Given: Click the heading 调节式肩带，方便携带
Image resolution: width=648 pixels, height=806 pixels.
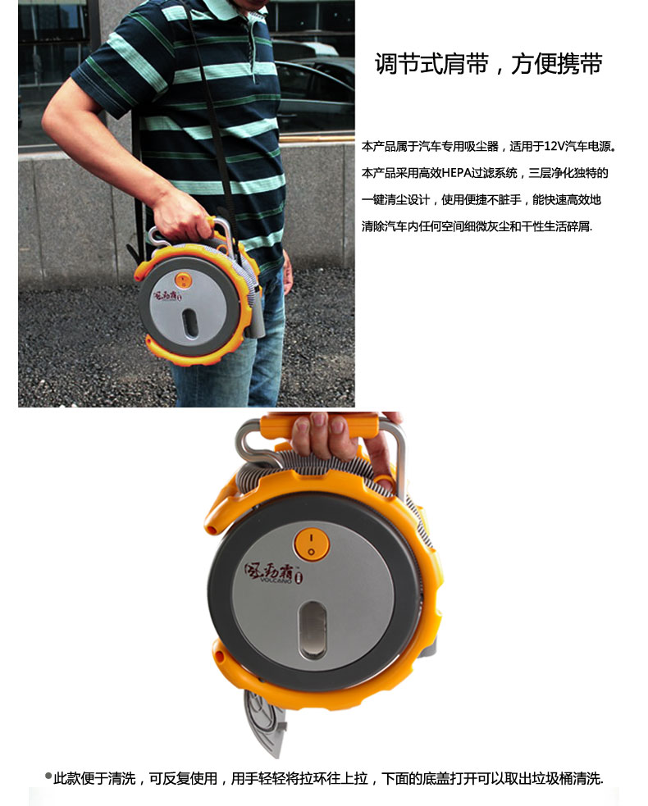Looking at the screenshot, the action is coord(489,64).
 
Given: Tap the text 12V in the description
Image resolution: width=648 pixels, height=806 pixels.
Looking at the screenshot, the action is coord(554,147).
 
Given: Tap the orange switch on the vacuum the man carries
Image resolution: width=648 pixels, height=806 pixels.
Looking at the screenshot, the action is coord(184,280).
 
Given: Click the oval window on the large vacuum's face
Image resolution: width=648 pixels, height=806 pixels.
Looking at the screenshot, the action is coord(313,630).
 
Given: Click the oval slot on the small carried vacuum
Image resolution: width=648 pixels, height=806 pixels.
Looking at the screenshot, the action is coord(189,323).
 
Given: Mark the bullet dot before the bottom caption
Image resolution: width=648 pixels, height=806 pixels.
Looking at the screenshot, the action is coord(48,776).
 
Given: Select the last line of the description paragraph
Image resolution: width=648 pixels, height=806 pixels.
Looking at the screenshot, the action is coord(477,226).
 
